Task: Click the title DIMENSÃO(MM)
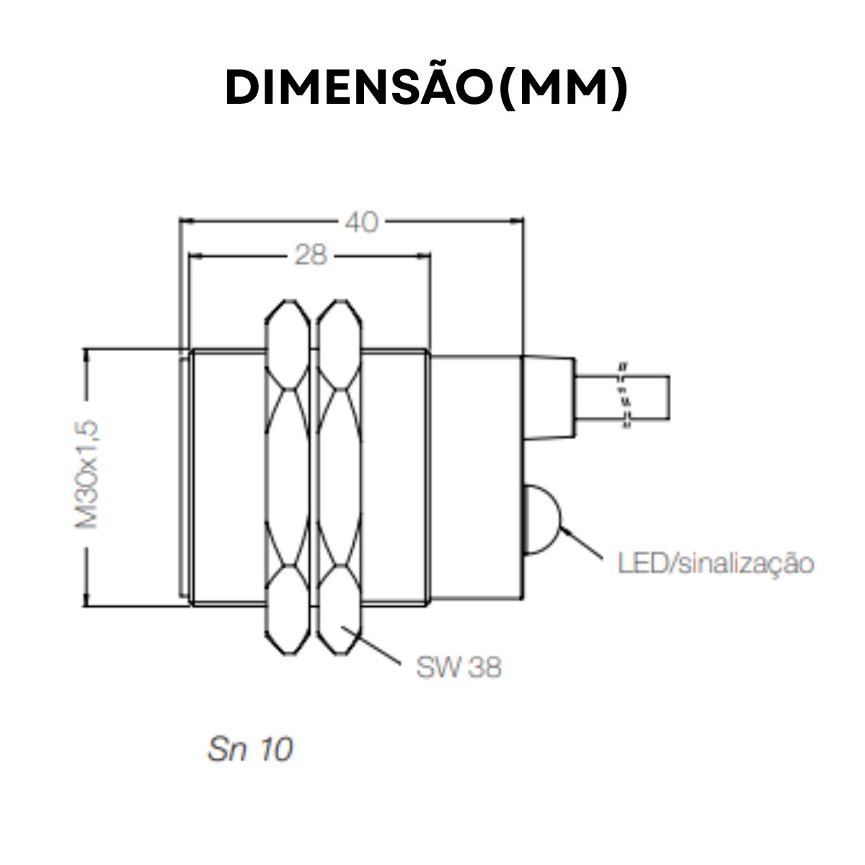(x=427, y=89)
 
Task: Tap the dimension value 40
(x=360, y=222)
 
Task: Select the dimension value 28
(x=311, y=254)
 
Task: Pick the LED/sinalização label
(x=715, y=563)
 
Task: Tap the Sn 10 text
(x=251, y=750)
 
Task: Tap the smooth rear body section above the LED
(x=476, y=418)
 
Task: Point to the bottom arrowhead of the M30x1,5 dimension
(x=88, y=601)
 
